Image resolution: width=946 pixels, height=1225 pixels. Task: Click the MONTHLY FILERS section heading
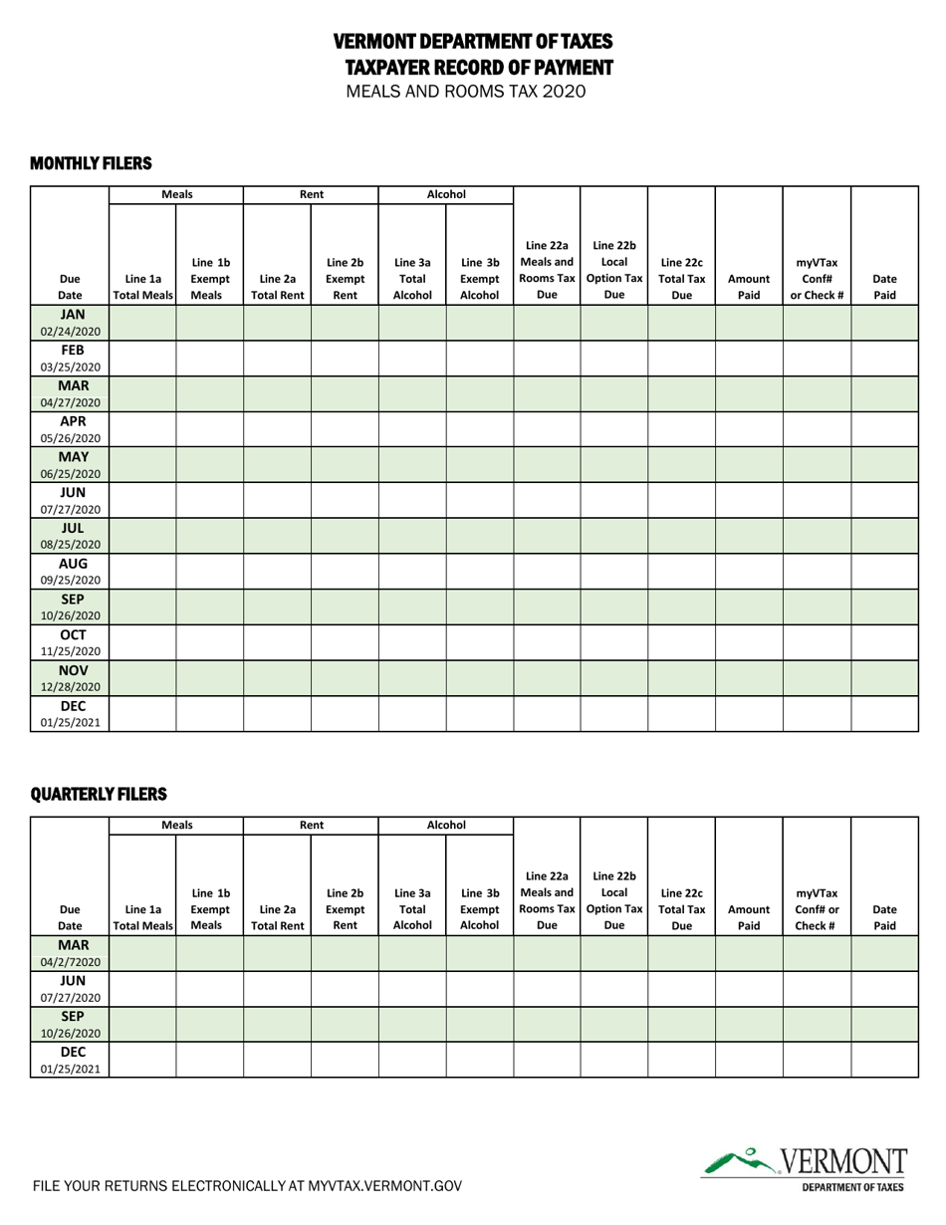pos(91,162)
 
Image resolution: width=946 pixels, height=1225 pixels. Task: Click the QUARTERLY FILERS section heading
pos(99,794)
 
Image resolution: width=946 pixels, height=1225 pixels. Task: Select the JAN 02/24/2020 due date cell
pos(71,323)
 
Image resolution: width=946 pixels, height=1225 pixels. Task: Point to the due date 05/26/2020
pos(71,437)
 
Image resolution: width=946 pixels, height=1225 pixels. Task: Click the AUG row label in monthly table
pos(71,571)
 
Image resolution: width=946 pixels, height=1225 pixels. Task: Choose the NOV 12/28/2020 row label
pos(71,677)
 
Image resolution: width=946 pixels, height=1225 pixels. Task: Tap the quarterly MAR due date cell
pos(71,953)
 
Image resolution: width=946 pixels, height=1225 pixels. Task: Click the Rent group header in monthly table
pos(311,194)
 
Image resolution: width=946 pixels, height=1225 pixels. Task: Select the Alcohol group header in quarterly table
pos(446,825)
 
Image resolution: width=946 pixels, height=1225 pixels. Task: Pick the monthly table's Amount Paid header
pos(749,287)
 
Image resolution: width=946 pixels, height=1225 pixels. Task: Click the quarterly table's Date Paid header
pos(884,917)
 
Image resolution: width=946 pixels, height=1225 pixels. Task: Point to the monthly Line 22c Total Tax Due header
pos(681,279)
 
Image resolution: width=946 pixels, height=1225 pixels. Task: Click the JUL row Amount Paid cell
pos(749,536)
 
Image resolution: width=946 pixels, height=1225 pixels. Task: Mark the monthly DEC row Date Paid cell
pos(884,713)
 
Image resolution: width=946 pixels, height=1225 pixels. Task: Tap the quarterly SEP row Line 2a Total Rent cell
pos(277,1024)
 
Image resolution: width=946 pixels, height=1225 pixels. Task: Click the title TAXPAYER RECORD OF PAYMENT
pos(479,67)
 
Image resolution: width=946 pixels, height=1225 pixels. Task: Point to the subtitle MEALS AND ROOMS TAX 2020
pos(466,92)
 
